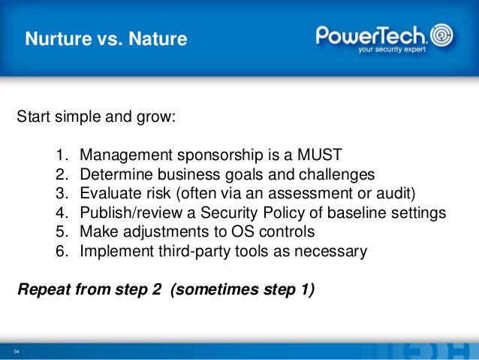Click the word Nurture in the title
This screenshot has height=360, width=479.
[59, 38]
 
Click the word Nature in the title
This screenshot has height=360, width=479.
[158, 38]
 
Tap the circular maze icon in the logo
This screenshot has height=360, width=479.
[441, 35]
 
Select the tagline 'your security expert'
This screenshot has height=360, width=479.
[392, 50]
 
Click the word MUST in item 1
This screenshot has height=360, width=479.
[319, 155]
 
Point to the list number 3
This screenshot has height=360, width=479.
[62, 194]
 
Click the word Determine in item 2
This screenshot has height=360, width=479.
[116, 174]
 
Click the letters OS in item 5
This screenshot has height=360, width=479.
[243, 231]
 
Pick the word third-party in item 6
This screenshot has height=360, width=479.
[194, 252]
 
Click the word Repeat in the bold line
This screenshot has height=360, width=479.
[44, 289]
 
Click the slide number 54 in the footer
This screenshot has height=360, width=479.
[17, 352]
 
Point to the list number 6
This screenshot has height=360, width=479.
[62, 252]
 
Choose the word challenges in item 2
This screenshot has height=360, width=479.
[336, 175]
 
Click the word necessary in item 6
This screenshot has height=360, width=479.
[330, 252]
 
